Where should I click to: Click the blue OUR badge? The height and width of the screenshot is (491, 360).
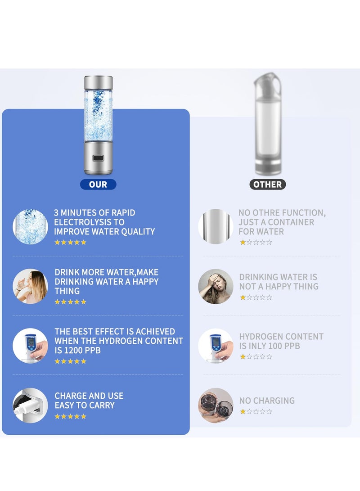[98, 185]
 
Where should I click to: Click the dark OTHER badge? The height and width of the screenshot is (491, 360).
[267, 185]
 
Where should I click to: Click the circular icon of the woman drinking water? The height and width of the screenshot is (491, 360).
[30, 286]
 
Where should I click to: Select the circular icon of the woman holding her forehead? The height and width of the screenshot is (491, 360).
[216, 286]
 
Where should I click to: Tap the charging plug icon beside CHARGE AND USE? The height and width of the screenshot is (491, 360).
[30, 405]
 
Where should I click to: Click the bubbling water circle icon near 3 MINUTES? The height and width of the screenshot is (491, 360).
[30, 226]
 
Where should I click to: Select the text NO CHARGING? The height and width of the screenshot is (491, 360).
[267, 401]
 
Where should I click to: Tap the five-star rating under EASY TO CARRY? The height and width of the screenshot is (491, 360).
[70, 416]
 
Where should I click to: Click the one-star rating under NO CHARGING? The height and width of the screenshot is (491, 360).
[256, 411]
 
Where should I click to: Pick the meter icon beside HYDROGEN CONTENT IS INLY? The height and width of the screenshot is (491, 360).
[216, 346]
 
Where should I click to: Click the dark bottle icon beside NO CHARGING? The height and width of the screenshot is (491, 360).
[216, 405]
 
